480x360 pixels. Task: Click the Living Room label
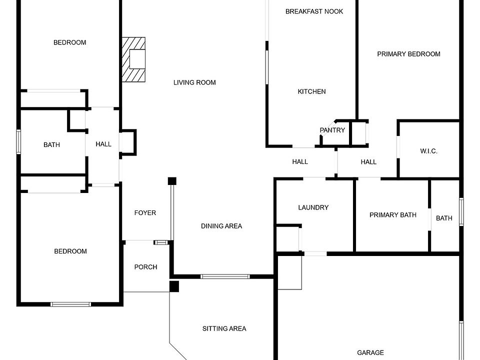[x=194, y=82]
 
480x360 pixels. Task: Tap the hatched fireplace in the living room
[x=133, y=59]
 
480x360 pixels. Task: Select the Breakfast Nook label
[x=314, y=11]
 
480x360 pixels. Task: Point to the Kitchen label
[x=311, y=91]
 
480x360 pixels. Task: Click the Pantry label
[x=332, y=130]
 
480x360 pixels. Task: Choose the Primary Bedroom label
[x=408, y=54]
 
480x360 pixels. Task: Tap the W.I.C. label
[x=428, y=151]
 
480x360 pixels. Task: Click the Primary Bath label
[x=392, y=215]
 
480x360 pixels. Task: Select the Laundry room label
[x=313, y=207]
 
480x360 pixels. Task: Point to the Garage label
[x=370, y=352]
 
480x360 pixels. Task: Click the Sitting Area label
[x=224, y=328]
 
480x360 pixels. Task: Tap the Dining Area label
[x=221, y=226]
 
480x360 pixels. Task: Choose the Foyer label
[x=145, y=213]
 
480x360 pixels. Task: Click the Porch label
[x=145, y=267]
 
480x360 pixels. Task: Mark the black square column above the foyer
[x=172, y=180]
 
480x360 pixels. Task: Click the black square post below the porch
[x=174, y=286]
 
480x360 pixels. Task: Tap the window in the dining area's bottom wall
[x=225, y=276]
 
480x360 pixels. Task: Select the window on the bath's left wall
[x=18, y=141]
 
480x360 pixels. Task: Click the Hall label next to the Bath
[x=103, y=144]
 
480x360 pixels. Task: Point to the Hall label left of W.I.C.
[x=368, y=162]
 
